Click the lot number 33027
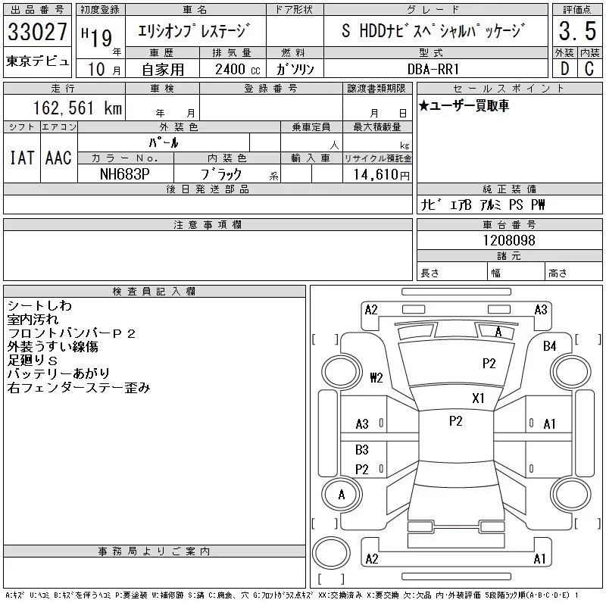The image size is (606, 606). point(37,31)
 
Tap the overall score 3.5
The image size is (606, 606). point(577,31)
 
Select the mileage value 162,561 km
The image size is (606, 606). point(77,108)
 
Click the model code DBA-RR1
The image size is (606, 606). point(433,69)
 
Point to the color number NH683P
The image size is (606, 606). point(125,174)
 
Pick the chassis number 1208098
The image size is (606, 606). point(509,240)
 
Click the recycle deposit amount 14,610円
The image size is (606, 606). point(382,175)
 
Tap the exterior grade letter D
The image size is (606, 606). point(564,69)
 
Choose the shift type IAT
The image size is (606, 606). point(22,158)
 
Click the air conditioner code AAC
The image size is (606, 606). point(58,158)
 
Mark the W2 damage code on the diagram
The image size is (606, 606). point(376,377)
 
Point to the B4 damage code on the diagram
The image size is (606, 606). point(549,346)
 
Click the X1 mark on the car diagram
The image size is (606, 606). point(478,398)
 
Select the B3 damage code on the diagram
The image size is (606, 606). point(362,450)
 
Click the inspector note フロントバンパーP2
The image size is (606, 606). point(71,333)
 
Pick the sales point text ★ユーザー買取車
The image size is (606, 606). point(464,105)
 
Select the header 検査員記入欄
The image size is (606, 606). point(154,291)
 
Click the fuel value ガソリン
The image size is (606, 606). point(295,69)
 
